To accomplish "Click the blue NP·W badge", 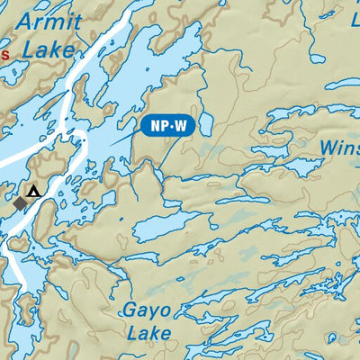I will coord(168,126).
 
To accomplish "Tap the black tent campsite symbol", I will coord(33,191).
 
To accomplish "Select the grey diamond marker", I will coord(20,204).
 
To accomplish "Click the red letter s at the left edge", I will coord(4,55).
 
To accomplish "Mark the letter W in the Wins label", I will coord(328,147).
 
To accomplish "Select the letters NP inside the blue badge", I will coord(157,126).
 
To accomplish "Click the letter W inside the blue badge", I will coord(180,126).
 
